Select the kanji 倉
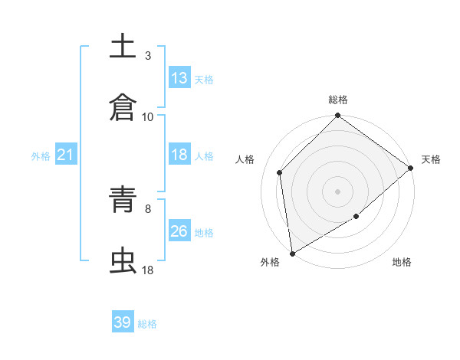123,107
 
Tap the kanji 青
123,199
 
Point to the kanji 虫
123,260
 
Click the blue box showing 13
179,78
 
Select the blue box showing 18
179,155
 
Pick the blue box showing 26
179,231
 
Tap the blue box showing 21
66,155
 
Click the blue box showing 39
123,322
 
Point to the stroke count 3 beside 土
148,55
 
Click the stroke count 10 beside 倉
148,116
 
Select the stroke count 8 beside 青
148,208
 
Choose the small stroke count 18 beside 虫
148,270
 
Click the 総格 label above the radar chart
338,100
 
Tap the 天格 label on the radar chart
431,159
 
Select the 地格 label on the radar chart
402,262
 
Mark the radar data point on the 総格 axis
338,117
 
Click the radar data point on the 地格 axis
356,218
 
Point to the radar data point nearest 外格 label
292,254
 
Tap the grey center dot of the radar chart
338,191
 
